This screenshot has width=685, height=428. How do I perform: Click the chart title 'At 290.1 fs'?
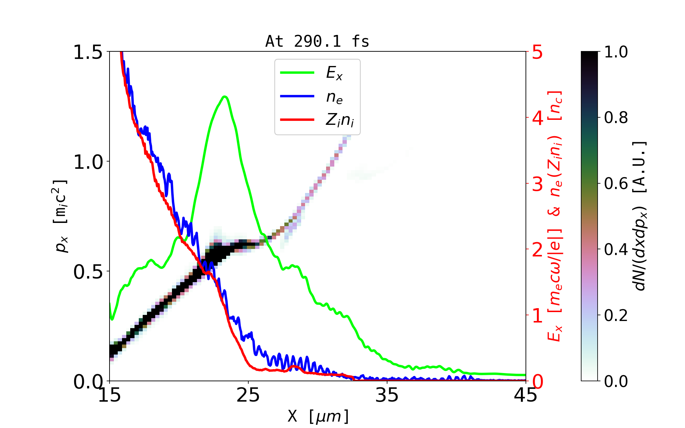317,41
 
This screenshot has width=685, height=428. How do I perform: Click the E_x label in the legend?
334,73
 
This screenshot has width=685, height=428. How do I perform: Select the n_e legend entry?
334,97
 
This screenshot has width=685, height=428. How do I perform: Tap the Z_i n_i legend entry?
339,120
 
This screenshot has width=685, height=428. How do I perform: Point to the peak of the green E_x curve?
224,96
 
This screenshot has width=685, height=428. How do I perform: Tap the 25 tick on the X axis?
248,395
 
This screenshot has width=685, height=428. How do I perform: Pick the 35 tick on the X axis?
387,395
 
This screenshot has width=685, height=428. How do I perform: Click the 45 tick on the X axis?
526,395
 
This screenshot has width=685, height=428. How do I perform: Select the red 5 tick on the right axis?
537,52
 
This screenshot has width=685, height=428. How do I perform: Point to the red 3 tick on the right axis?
537,184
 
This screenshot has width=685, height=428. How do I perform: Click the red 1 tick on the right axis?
537,316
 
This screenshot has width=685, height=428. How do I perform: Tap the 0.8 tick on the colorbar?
616,118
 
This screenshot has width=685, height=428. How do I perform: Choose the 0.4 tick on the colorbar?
616,250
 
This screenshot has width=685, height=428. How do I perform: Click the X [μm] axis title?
318,416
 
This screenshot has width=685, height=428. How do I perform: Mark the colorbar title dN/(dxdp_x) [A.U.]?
640,216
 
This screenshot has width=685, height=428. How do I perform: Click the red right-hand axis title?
555,216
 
